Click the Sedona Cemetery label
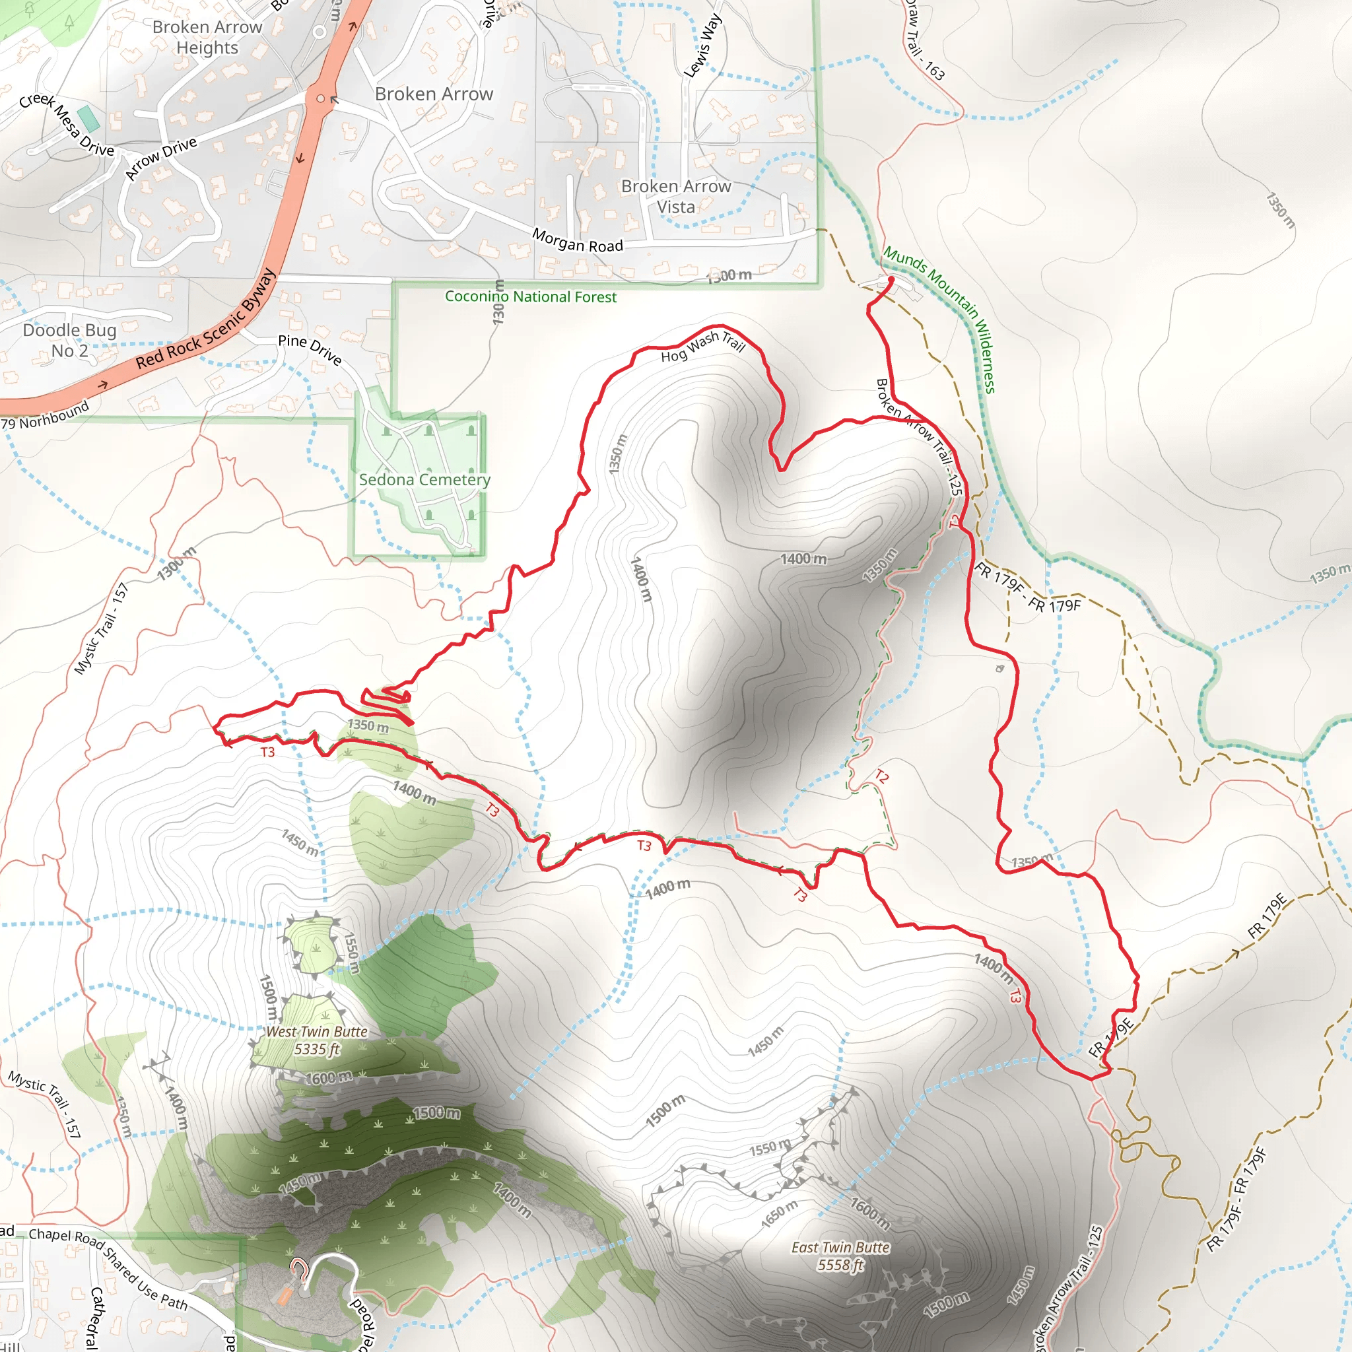pyautogui.click(x=424, y=480)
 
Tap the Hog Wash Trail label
pyautogui.click(x=702, y=346)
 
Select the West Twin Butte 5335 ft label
pyautogui.click(x=316, y=1040)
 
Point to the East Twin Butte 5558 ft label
pyautogui.click(x=840, y=1256)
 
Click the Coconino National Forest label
pyautogui.click(x=531, y=296)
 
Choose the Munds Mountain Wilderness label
pyautogui.click(x=939, y=319)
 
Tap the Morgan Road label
pyautogui.click(x=578, y=241)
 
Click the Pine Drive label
pyautogui.click(x=310, y=350)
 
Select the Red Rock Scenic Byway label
pyautogui.click(x=206, y=320)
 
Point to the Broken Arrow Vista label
pyautogui.click(x=676, y=197)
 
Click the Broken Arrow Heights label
pyautogui.click(x=207, y=37)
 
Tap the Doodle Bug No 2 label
pyautogui.click(x=69, y=340)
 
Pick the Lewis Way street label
pyautogui.click(x=702, y=46)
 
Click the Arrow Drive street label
pyautogui.click(x=161, y=158)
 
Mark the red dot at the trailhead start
pyautogui.click(x=891, y=280)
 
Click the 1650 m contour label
pyautogui.click(x=780, y=1213)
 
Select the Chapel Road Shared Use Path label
pyautogui.click(x=108, y=1267)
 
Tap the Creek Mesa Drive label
pyautogui.click(x=67, y=125)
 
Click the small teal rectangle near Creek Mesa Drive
pyautogui.click(x=89, y=119)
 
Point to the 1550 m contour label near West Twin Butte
pyautogui.click(x=352, y=953)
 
